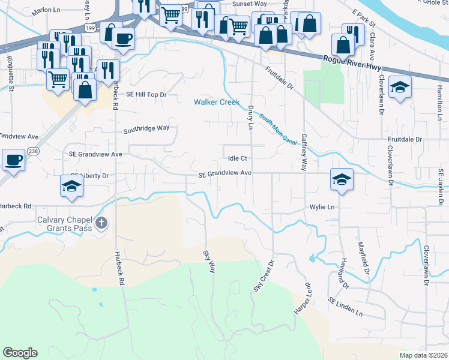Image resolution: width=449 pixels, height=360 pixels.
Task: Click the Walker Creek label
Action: [x=217, y=103]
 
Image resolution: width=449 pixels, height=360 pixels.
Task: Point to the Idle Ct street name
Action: [x=238, y=158]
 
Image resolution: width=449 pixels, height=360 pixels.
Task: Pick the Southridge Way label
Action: [x=146, y=128]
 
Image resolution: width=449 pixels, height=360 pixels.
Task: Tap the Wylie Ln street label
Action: [x=322, y=207]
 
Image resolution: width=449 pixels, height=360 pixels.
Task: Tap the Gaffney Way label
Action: [x=304, y=151]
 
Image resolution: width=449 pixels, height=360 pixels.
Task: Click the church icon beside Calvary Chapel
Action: [x=101, y=224]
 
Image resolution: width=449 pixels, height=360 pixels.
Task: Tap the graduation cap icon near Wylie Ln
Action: [x=341, y=179]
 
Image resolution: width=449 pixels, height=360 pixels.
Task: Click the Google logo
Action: [x=20, y=352]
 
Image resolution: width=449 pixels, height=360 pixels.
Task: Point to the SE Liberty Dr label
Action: [x=89, y=176]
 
